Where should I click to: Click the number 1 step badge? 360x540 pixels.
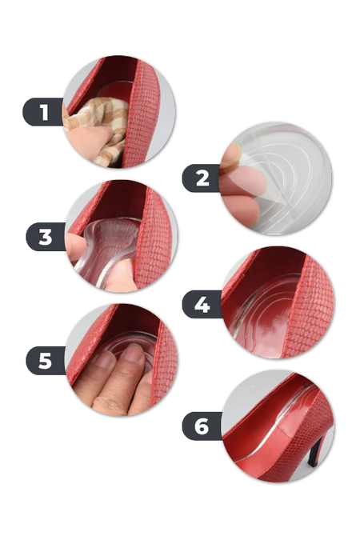43,112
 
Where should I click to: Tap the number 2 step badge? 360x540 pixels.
202,178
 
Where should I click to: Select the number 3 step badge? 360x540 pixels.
46,237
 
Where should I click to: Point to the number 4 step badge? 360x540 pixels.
202,304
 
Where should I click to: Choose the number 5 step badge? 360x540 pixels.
46,361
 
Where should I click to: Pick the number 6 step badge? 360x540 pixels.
202,426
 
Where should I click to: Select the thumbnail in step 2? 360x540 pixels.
230,154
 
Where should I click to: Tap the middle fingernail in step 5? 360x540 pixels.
134,352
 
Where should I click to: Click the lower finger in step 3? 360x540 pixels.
121,275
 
